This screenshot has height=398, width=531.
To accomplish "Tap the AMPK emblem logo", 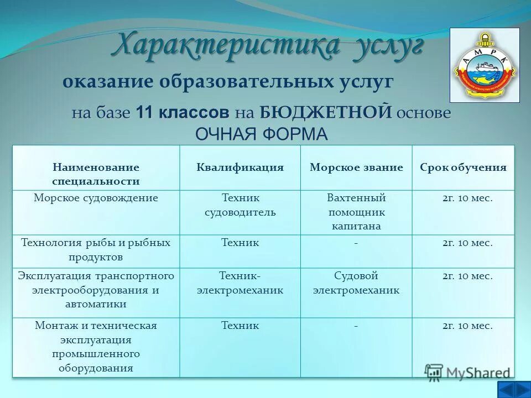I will tap(485, 65).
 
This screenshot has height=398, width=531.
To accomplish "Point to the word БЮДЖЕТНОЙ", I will tap(326, 113).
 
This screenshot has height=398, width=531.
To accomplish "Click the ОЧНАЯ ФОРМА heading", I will tap(262, 134).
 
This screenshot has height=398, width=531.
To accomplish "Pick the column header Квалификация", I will tap(240, 167).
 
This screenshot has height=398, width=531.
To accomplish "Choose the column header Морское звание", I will tap(356, 167).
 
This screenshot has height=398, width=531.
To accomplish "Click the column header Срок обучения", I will tap(463, 167).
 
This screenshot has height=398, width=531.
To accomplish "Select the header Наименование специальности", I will tap(96, 174).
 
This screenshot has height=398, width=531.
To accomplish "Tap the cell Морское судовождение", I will tap(96, 198).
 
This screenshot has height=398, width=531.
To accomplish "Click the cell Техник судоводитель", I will tap(240, 205).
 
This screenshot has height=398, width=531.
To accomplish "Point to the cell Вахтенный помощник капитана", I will tap(356, 212).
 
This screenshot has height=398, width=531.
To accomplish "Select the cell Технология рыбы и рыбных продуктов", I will tap(96, 250).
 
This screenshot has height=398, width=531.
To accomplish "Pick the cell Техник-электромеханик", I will tap(240, 282).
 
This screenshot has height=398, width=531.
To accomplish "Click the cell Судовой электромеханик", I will tap(356, 282).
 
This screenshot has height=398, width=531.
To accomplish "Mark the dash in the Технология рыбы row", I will tap(356, 243).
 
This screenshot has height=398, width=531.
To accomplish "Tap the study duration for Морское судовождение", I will tap(467, 198).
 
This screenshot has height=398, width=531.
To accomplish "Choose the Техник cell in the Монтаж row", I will tap(240, 326).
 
